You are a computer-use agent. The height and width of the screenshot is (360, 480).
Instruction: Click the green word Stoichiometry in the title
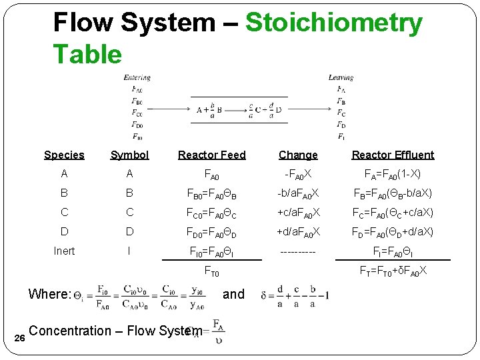334,23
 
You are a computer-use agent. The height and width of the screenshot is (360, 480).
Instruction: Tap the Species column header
64,155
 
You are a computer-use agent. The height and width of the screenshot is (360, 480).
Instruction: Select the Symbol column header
129,155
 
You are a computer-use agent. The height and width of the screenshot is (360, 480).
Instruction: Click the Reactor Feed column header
212,155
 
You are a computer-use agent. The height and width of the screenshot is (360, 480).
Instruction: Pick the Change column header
298,155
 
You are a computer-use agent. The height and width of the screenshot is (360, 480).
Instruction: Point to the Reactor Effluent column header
393,155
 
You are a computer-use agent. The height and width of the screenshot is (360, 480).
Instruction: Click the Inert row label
64,251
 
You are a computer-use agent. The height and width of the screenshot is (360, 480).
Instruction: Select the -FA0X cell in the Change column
298,174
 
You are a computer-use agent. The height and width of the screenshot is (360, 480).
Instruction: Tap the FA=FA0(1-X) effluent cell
393,174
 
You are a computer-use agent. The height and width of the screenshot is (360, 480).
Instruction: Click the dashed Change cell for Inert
298,251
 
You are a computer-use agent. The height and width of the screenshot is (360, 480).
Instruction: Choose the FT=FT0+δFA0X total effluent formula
393,270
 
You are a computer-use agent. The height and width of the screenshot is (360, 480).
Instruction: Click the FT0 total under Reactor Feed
211,272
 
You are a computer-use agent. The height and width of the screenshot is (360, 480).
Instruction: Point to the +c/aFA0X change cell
298,213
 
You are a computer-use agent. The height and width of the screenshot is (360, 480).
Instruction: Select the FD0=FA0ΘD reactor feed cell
212,232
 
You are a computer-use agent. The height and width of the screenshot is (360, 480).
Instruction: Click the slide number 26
20,339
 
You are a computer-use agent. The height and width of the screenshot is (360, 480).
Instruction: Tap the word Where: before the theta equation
49,294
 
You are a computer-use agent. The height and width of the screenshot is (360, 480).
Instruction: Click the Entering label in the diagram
137,78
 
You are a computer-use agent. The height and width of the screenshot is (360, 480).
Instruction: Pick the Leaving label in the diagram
341,78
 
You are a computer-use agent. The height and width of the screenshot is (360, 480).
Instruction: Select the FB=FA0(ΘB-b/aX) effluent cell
393,193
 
